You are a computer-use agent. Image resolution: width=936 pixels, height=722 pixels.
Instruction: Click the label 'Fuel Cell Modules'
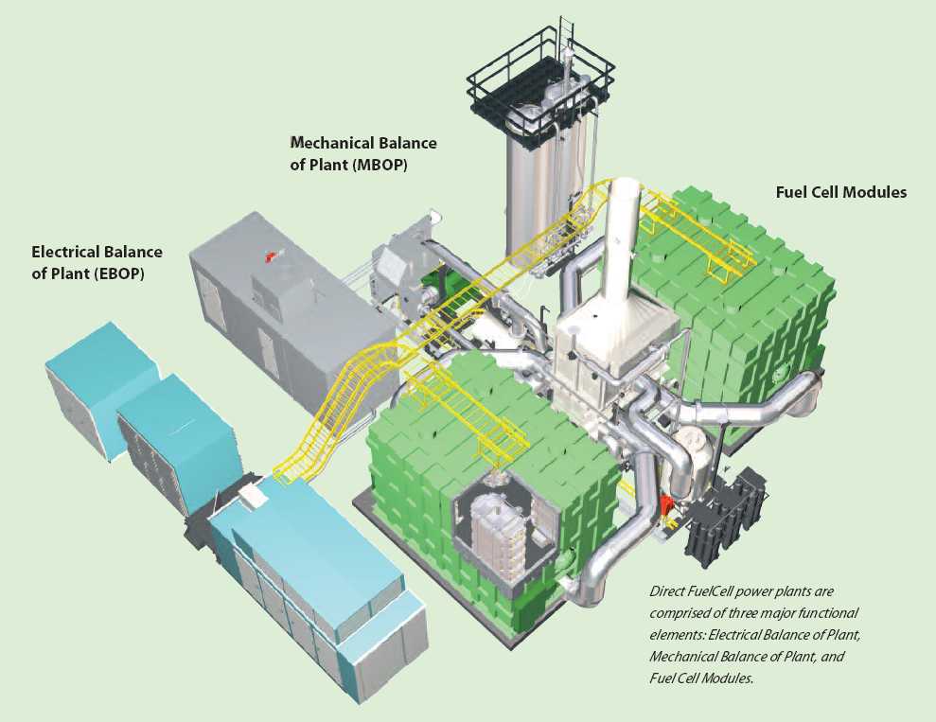coord(840,192)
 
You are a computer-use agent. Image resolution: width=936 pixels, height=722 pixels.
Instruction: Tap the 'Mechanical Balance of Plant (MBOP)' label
coord(363,152)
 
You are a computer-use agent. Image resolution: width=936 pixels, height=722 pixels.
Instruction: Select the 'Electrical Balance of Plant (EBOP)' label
coord(97,261)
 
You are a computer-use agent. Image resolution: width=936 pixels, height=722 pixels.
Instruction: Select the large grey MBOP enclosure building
coord(284,303)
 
